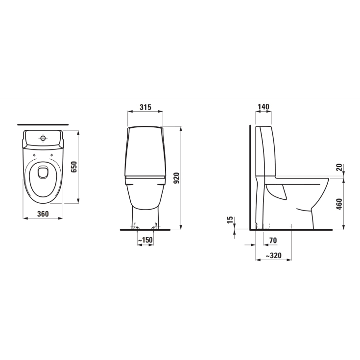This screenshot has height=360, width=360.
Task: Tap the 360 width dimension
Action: pyautogui.click(x=43, y=214)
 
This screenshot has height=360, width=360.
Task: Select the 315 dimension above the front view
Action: pyautogui.click(x=144, y=107)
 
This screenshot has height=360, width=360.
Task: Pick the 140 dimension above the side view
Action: pyautogui.click(x=263, y=107)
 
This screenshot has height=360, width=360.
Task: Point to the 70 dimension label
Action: pyautogui.click(x=273, y=240)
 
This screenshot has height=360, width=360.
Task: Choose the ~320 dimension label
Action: pyautogui.click(x=273, y=256)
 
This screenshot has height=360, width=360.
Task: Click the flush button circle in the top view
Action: pyautogui.click(x=43, y=139)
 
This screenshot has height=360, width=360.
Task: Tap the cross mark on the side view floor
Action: pyautogui.click(x=291, y=226)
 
